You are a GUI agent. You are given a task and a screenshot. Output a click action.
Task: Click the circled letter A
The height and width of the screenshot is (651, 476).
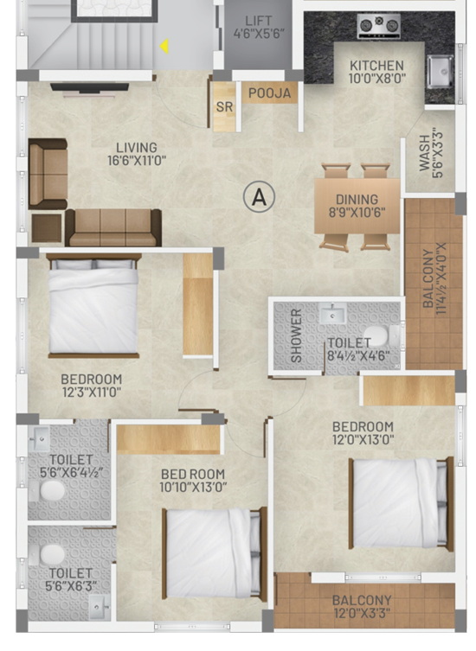(258, 196)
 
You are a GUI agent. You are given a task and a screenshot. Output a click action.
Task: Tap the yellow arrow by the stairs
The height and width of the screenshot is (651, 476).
(163, 48)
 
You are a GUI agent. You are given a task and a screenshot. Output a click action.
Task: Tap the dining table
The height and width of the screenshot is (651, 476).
(356, 206)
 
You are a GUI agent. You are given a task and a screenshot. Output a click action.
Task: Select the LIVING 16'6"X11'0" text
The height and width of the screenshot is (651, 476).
(136, 154)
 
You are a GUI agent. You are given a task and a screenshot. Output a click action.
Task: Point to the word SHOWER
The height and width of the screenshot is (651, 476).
(296, 335)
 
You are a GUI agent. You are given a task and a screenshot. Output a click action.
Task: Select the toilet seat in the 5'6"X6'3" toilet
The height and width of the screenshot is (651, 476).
(54, 553)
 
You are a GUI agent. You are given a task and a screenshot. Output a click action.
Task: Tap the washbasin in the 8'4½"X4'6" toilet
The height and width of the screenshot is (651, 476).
(331, 316)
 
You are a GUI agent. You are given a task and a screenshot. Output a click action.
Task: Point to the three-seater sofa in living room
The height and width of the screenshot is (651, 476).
(113, 227)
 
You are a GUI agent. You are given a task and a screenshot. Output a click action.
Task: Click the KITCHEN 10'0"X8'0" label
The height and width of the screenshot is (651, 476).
(376, 72)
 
